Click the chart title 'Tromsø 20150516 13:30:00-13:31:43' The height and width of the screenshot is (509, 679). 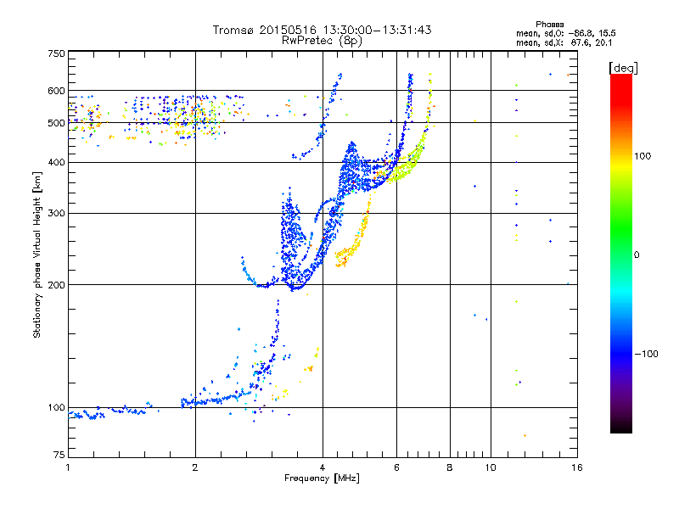322,30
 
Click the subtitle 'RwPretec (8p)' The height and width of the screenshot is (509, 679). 322,40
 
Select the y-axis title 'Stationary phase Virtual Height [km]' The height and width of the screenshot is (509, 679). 37,255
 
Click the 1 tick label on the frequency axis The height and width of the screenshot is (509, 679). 68,467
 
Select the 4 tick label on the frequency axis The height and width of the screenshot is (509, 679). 323,467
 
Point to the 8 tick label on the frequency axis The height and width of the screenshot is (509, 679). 450,467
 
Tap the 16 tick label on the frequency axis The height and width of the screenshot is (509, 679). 576,467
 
